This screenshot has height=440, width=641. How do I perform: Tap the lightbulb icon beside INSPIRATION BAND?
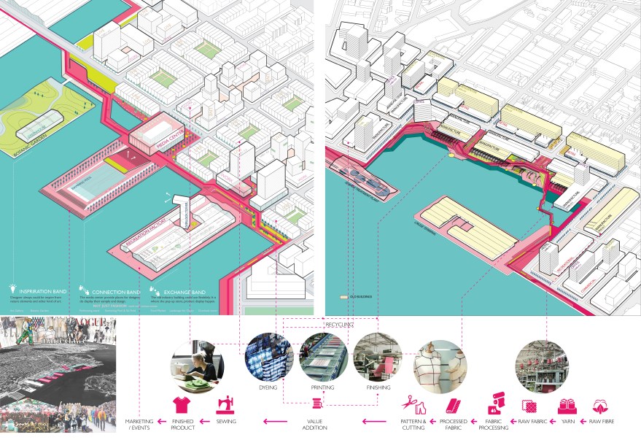pyautogui.click(x=12, y=287)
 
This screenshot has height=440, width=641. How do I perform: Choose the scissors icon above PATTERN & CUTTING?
pyautogui.click(x=409, y=402)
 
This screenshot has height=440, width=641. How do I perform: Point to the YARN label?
pyautogui.click(x=567, y=422)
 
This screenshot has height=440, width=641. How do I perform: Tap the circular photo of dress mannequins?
pyautogui.click(x=439, y=363)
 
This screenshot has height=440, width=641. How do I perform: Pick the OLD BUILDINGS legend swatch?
pyautogui.click(x=343, y=298)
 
